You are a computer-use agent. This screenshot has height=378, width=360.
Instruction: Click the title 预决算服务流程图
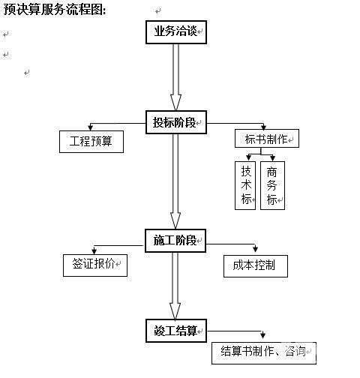tap(53, 10)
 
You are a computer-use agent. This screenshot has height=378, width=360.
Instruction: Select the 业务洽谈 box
tap(176, 32)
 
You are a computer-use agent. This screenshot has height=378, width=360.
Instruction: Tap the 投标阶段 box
tap(176, 122)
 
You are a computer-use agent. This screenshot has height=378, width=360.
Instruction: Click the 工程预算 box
tap(91, 142)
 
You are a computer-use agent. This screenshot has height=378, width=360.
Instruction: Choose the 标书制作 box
tap(267, 138)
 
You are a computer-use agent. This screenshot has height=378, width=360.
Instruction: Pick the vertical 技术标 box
tap(245, 185)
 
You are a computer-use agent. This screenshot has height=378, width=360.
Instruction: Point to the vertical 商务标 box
tap(272, 185)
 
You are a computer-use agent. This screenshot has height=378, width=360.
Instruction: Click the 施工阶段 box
tap(175, 241)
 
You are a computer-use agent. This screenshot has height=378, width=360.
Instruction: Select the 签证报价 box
tap(95, 265)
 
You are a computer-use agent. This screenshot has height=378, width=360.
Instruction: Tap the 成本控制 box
tap(256, 266)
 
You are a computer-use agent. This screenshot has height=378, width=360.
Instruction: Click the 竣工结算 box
tap(176, 331)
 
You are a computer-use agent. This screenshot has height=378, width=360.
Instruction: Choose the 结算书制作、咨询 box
tap(264, 353)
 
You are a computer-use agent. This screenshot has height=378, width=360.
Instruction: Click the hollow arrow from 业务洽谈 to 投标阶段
tap(175, 77)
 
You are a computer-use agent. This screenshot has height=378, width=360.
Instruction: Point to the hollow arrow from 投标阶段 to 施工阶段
tap(175, 181)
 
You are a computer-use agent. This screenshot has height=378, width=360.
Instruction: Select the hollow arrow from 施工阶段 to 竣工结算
tap(175, 286)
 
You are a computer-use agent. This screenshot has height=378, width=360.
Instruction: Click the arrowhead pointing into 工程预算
tap(91, 127)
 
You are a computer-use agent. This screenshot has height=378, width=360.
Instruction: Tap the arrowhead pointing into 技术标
tap(248, 157)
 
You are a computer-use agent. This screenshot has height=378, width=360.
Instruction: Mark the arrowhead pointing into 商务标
tap(273, 157)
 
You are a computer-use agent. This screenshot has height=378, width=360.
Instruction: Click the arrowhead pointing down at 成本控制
tap(255, 249)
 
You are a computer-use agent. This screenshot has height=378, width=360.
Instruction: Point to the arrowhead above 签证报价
tap(94, 250)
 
